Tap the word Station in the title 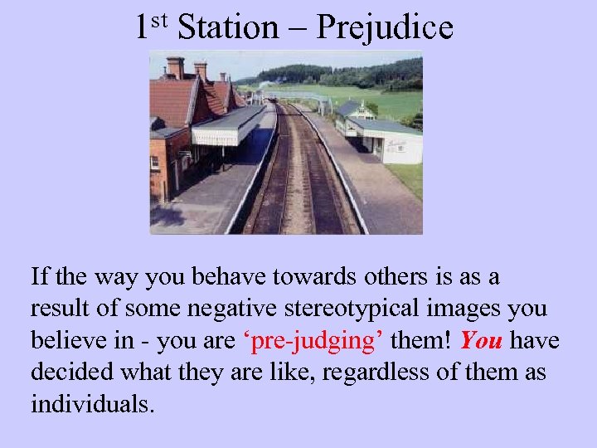[x=229, y=27]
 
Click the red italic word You [x=481, y=341]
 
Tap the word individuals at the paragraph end [x=92, y=405]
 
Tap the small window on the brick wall [x=155, y=163]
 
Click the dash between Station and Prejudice [x=296, y=29]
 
